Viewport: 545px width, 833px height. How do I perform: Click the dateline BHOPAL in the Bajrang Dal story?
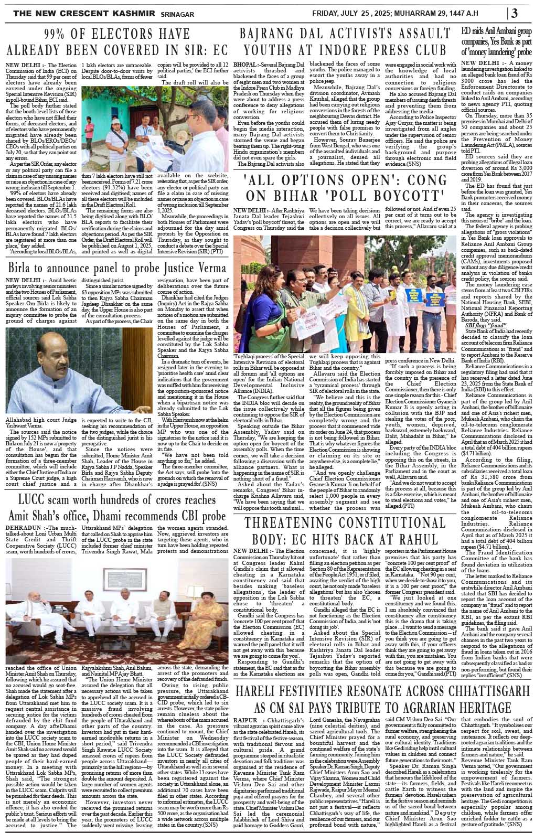pos(247,64)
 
